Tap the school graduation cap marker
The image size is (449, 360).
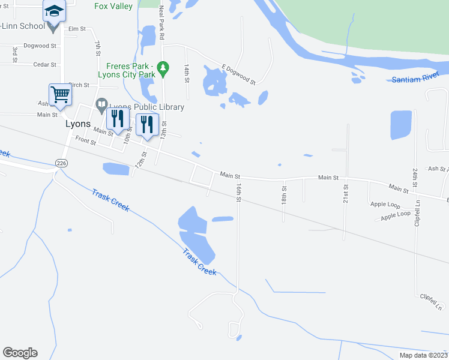(x=54, y=11)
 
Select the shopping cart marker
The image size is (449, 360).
(x=60, y=94)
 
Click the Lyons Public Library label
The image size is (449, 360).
(x=146, y=107)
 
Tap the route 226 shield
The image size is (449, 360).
(x=61, y=163)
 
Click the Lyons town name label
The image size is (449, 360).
(x=77, y=124)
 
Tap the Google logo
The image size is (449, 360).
(x=20, y=353)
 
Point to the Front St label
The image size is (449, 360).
(x=86, y=140)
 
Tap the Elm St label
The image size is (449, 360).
(x=77, y=29)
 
